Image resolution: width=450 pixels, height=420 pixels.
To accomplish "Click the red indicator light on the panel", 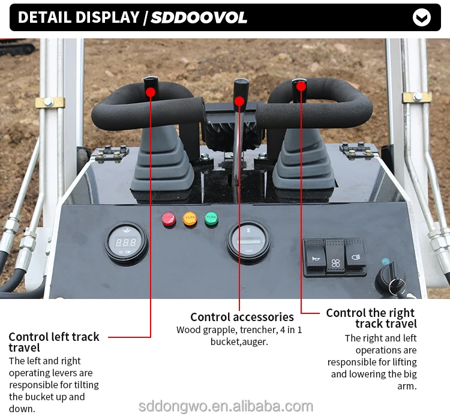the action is [x=169, y=219].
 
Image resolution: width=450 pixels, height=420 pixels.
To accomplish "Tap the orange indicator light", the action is [x=190, y=219].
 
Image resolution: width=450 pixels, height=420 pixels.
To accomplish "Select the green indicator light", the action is [x=211, y=219].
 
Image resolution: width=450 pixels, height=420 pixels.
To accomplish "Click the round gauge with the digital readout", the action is [x=125, y=243].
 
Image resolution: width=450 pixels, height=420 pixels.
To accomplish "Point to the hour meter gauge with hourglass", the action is [x=248, y=241].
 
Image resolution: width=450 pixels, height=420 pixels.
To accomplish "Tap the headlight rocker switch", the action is [x=355, y=257].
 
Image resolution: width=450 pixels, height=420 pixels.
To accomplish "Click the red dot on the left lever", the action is [x=150, y=92].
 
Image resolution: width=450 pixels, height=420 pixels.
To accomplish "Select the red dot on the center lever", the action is [x=239, y=101].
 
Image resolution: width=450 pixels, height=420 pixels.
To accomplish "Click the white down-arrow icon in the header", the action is [x=422, y=17].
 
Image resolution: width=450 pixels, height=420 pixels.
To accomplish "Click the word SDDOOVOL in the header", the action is [x=199, y=17].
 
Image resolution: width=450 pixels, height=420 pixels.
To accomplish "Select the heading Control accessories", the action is [x=242, y=317].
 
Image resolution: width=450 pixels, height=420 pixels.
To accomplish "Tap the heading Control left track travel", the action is [x=54, y=342].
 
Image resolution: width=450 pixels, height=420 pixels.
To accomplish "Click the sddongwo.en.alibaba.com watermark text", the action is [x=226, y=406].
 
